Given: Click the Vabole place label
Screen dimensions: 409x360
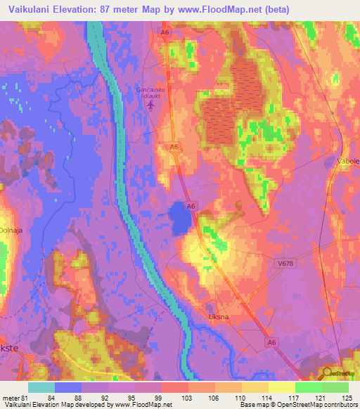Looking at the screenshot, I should coord(349,161).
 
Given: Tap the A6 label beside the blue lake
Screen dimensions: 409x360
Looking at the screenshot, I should coord(191,205).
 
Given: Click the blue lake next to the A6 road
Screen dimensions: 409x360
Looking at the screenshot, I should coord(179,220).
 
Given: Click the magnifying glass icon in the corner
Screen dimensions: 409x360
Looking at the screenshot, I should coord(326,372).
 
